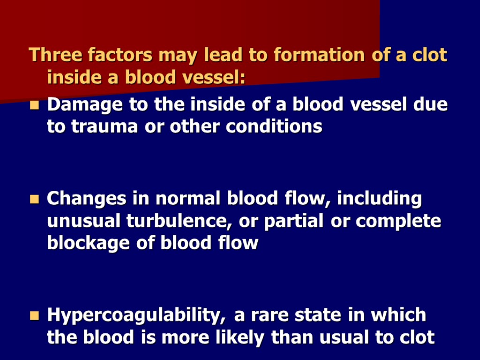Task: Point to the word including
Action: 380,199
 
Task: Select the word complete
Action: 398,221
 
